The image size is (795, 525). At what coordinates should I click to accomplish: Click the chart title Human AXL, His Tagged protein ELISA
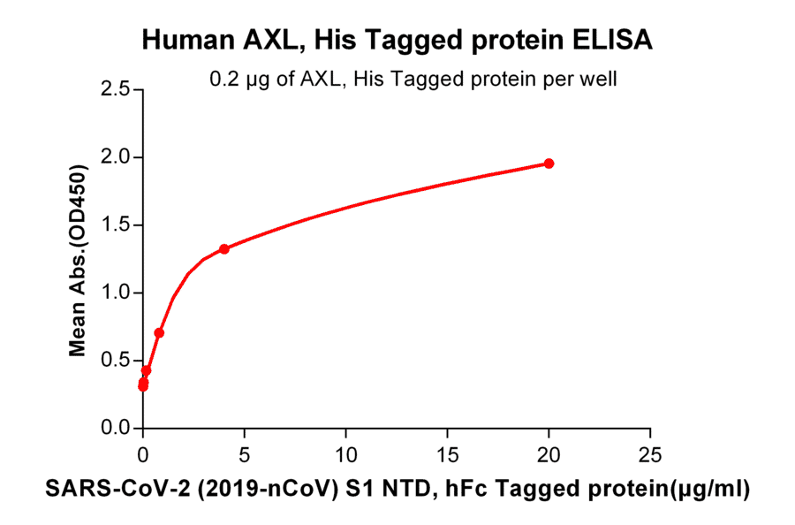(x=397, y=40)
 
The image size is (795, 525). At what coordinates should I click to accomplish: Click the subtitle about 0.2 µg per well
(x=413, y=80)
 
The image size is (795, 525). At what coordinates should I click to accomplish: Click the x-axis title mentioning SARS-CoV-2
(x=397, y=488)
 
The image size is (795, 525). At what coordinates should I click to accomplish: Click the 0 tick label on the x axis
(x=143, y=456)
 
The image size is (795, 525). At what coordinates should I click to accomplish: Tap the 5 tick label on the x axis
(x=245, y=456)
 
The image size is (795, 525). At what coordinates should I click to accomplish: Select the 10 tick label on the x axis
(x=346, y=456)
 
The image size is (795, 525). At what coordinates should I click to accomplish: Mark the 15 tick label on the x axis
(x=448, y=456)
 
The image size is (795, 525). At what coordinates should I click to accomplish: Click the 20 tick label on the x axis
(x=549, y=456)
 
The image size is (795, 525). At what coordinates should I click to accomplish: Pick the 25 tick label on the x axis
(x=650, y=456)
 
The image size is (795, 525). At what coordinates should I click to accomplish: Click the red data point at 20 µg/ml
(x=549, y=164)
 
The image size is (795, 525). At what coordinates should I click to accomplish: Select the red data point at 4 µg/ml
(x=224, y=249)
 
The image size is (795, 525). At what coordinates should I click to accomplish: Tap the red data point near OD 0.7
(x=159, y=333)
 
